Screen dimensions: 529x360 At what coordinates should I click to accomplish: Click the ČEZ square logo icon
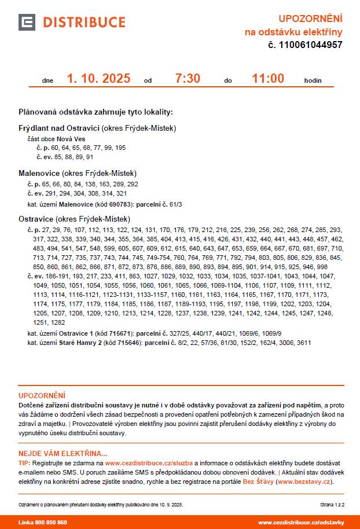click(27, 22)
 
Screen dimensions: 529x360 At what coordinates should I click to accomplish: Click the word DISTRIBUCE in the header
click(85, 23)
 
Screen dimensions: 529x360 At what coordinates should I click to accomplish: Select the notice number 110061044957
click(310, 45)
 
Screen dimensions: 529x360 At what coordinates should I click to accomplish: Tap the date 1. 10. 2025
click(98, 79)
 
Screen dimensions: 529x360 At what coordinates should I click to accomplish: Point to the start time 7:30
click(188, 79)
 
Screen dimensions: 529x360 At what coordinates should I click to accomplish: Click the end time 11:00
click(268, 79)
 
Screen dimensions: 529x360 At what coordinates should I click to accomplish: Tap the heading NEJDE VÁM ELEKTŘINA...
click(63, 454)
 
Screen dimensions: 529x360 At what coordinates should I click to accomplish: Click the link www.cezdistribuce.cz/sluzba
click(149, 463)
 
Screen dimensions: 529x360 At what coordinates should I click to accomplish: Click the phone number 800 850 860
click(50, 522)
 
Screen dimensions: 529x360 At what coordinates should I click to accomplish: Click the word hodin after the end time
click(313, 81)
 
